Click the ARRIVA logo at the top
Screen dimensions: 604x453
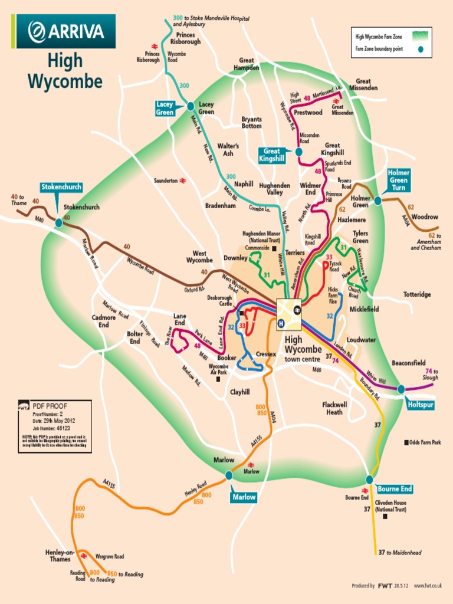pyautogui.click(x=66, y=31)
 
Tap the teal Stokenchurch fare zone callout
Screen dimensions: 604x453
pyautogui.click(x=61, y=187)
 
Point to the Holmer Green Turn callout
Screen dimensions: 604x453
pyautogui.click(x=399, y=180)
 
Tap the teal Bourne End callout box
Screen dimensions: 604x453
pyautogui.click(x=395, y=489)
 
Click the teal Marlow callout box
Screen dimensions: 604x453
pyautogui.click(x=244, y=497)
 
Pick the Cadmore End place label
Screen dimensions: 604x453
pyautogui.click(x=104, y=321)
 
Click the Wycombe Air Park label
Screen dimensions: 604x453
pyautogui.click(x=218, y=369)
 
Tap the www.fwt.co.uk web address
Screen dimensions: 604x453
pyautogui.click(x=428, y=586)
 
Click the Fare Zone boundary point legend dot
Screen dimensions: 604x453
pyautogui.click(x=420, y=50)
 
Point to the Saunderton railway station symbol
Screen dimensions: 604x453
pyautogui.click(x=183, y=180)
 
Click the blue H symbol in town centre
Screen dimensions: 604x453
pyautogui.click(x=281, y=323)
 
